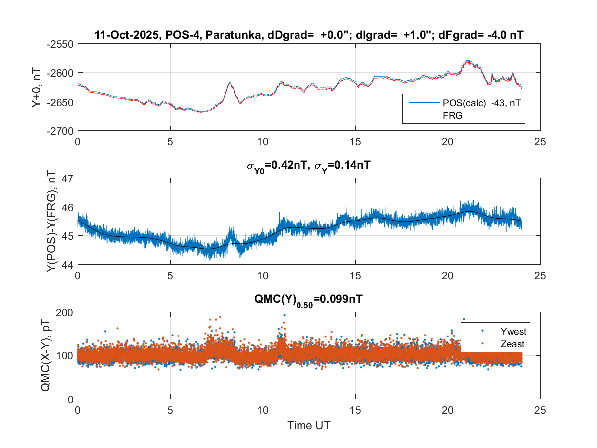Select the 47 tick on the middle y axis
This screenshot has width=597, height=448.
tap(67, 178)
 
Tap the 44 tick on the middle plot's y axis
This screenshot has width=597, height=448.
tap(67, 265)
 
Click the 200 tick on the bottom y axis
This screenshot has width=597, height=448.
tap(65, 312)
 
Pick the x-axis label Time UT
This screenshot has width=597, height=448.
tap(308, 426)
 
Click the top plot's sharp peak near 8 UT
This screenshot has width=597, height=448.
tap(230, 83)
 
